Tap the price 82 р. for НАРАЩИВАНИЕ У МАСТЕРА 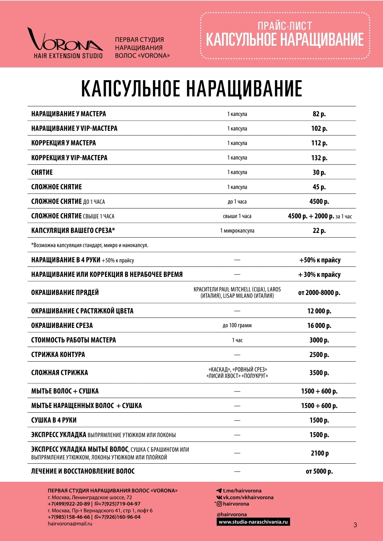319,114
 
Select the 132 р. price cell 319,158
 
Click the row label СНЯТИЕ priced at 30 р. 42,172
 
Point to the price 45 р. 319,187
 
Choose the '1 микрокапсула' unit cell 237,230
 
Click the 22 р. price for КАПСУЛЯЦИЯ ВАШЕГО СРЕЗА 319,230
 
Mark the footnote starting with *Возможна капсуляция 90,245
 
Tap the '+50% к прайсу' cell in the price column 320,260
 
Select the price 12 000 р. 319,311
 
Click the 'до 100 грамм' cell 237,325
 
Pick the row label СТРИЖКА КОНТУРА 58,355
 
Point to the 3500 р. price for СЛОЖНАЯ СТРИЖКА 319,373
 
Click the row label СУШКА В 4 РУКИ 54,420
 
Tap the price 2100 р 320,453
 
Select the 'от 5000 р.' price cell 319,471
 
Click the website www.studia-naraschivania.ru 253,522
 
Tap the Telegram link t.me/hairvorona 242,491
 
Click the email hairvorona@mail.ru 70,524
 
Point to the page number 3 355,525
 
